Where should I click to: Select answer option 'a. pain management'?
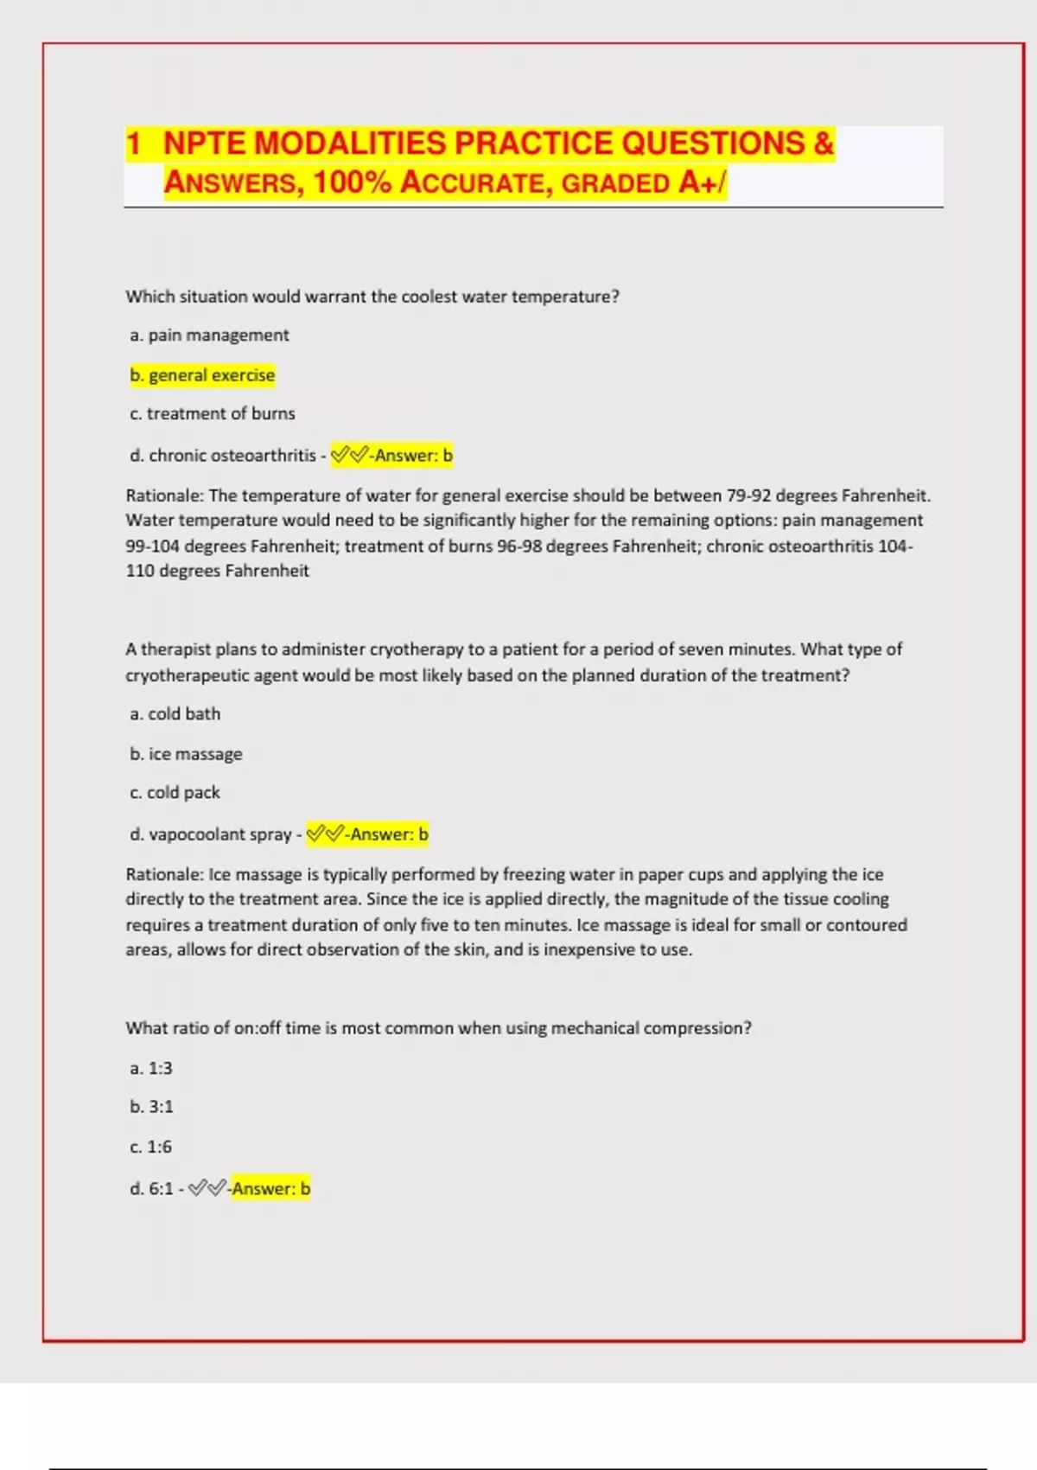[x=209, y=336]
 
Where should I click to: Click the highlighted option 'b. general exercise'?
[x=202, y=375]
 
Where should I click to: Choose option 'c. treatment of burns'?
[x=213, y=414]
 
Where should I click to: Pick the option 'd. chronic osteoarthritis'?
[x=223, y=456]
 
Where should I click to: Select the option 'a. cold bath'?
[x=175, y=714]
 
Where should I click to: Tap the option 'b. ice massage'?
[x=186, y=754]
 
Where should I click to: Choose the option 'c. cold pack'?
[x=175, y=793]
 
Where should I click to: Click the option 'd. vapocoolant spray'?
[x=211, y=834]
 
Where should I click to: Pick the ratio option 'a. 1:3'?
[x=151, y=1069]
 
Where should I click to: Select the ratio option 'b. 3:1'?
[x=151, y=1107]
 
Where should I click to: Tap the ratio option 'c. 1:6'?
[x=151, y=1147]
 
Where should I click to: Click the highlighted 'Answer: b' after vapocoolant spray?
[x=389, y=834]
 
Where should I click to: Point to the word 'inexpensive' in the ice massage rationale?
[x=588, y=949]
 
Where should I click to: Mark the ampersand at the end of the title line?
[x=823, y=144]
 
